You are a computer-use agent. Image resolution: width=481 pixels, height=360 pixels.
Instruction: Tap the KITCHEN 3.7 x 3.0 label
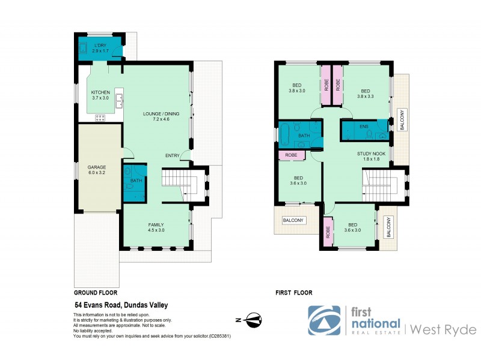(100, 95)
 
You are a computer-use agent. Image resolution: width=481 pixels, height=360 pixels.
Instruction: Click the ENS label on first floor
(364, 127)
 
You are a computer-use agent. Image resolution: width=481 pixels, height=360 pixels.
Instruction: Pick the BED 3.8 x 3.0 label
(296, 89)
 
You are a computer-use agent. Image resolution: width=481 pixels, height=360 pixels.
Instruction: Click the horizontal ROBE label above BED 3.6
(290, 155)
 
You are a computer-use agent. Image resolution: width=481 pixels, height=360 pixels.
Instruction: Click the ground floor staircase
(180, 178)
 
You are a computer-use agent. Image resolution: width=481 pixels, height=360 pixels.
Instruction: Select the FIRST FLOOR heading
(293, 293)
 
